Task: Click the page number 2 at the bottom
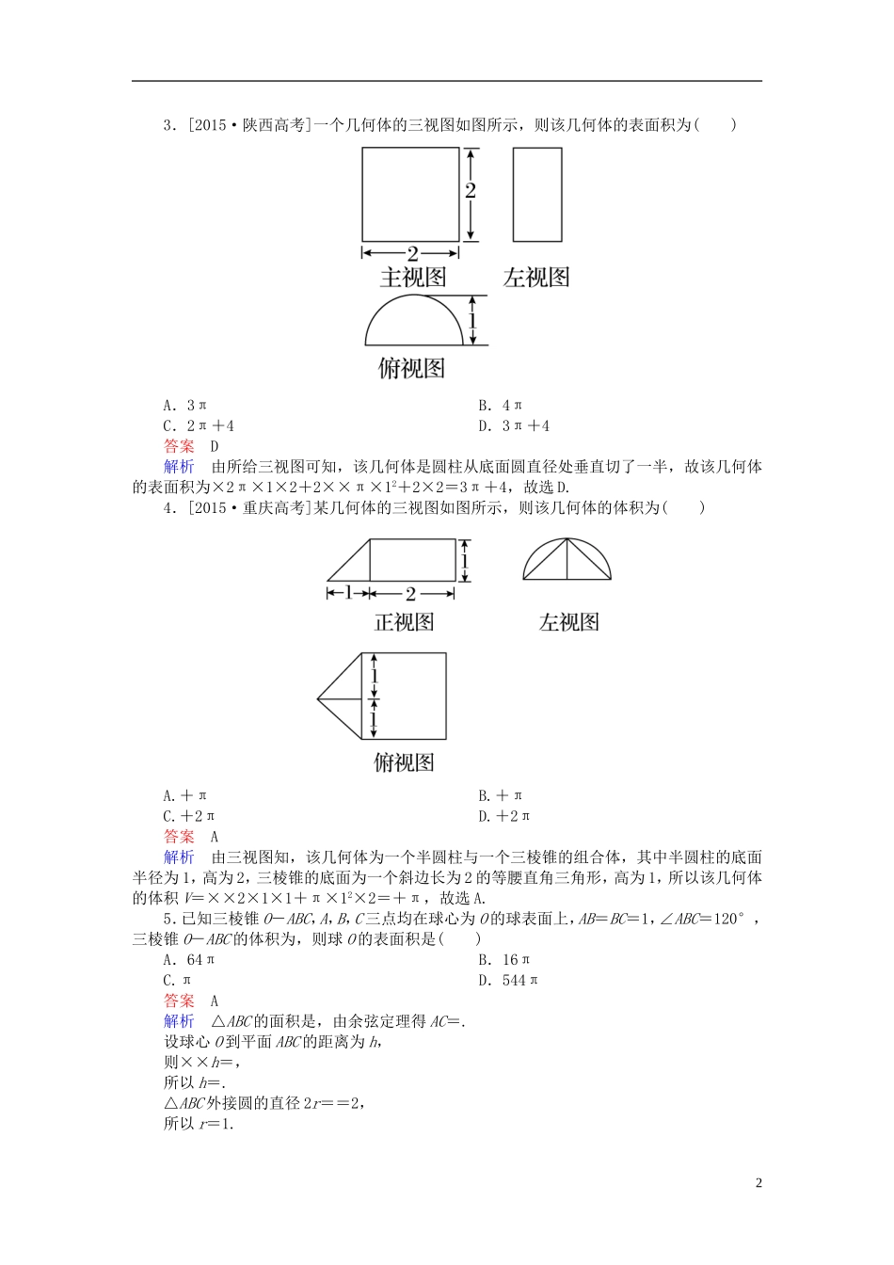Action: pyautogui.click(x=758, y=1183)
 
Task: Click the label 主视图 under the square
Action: pyautogui.click(x=412, y=278)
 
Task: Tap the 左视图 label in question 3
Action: pyautogui.click(x=536, y=278)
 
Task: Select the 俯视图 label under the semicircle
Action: pyautogui.click(x=411, y=368)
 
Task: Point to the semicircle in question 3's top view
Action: pyautogui.click(x=414, y=322)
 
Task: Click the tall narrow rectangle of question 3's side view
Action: pyautogui.click(x=536, y=195)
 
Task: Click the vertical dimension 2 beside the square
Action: pyautogui.click(x=471, y=190)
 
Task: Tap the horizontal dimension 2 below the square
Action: pyautogui.click(x=412, y=252)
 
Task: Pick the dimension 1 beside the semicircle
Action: pyautogui.click(x=472, y=320)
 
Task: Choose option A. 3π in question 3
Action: pyautogui.click(x=184, y=406)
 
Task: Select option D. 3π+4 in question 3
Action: pyautogui.click(x=513, y=426)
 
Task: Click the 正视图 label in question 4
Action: pyautogui.click(x=404, y=622)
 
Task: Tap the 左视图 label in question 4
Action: pyautogui.click(x=568, y=622)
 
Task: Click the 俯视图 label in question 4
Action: pyautogui.click(x=404, y=762)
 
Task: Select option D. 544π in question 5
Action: pyautogui.click(x=508, y=981)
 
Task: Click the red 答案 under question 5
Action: pyautogui.click(x=179, y=1001)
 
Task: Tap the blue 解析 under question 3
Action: pyautogui.click(x=179, y=467)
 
